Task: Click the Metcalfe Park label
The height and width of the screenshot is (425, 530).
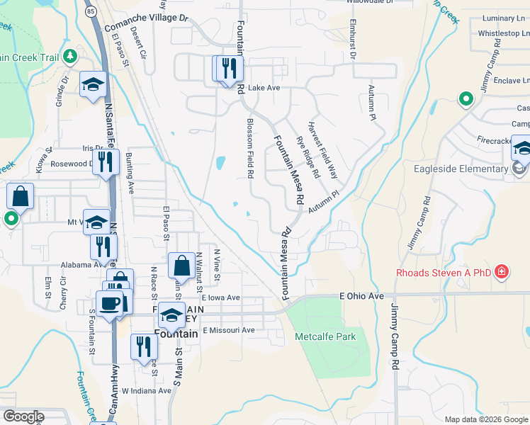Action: pos(325,336)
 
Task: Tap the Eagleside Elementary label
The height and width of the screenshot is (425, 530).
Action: pos(462,169)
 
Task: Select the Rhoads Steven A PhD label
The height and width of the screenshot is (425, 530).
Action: pos(444,271)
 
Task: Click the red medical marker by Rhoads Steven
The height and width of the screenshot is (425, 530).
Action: pos(502,271)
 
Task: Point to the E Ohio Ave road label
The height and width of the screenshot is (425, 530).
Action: pos(361,295)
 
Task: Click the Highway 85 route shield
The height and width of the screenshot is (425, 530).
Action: pos(90,11)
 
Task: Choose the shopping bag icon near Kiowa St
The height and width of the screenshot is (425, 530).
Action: pos(21,197)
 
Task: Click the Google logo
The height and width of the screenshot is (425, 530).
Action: pos(23,416)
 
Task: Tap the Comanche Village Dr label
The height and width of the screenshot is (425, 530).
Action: pos(147,22)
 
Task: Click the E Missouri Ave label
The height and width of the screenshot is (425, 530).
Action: pos(228,330)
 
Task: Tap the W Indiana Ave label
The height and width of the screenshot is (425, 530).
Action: pos(147,390)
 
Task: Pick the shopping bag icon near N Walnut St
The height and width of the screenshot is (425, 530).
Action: pos(182,266)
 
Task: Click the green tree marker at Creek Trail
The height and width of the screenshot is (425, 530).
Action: pos(69,56)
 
